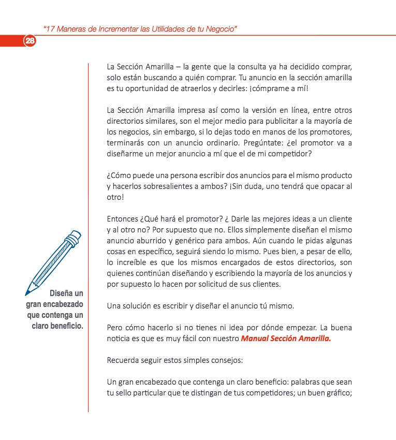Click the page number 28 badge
[30, 41]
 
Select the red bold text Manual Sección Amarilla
[286, 339]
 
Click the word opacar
[330, 187]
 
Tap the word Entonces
[122, 219]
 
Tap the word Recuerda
[123, 360]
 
